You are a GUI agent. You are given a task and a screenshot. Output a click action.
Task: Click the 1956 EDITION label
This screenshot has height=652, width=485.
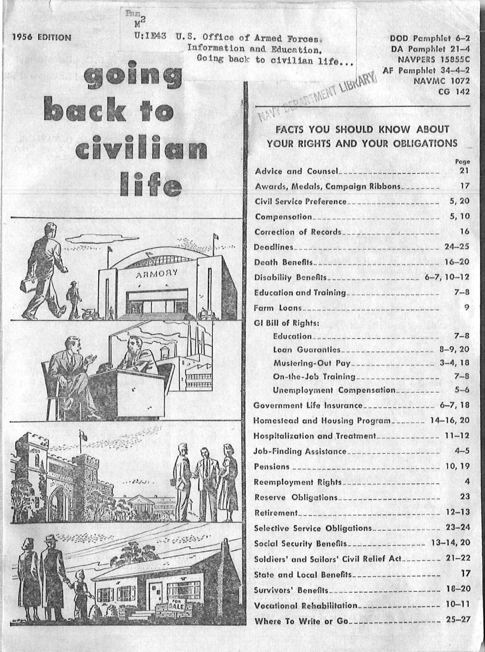(x=42, y=37)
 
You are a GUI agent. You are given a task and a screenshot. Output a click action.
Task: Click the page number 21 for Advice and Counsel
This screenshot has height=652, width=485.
(x=464, y=171)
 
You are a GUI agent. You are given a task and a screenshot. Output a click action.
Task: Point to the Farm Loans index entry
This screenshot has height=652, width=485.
(x=278, y=308)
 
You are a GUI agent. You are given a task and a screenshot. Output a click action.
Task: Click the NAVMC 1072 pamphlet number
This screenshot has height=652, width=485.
(x=442, y=80)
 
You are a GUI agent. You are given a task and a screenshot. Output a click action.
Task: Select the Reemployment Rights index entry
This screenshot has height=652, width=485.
(x=298, y=482)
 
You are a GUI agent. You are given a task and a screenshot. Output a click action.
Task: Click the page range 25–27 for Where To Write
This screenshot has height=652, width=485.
(x=458, y=621)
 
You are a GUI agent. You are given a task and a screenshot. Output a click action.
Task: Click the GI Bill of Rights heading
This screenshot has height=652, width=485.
(x=287, y=323)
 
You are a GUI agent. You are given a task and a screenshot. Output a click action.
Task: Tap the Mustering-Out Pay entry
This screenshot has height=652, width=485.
(x=312, y=363)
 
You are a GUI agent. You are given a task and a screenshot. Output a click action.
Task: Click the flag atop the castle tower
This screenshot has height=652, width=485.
(x=82, y=436)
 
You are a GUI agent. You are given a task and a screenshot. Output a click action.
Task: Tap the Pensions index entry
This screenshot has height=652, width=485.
(x=272, y=467)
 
